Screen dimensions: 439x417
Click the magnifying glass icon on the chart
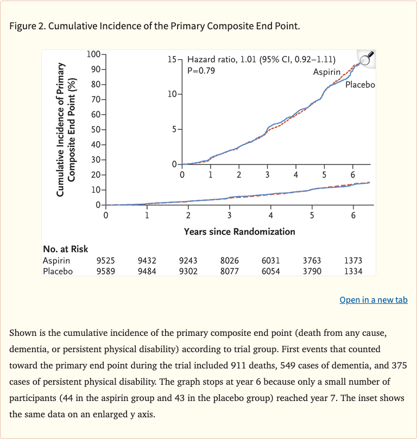click(x=367, y=59)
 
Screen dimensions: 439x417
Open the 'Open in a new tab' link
click(x=373, y=300)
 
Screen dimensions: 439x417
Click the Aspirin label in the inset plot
click(x=327, y=72)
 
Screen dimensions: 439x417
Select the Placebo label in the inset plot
click(x=360, y=85)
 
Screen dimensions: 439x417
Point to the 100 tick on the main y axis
click(x=93, y=54)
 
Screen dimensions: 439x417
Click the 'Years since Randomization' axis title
click(x=239, y=232)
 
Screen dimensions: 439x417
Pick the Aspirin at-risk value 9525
click(x=105, y=260)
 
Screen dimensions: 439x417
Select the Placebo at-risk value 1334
click(x=353, y=271)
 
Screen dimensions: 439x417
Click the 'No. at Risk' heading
click(x=65, y=250)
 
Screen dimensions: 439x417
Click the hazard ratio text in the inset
click(x=261, y=60)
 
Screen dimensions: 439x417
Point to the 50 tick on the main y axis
click(x=94, y=130)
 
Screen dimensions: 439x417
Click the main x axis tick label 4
click(x=270, y=215)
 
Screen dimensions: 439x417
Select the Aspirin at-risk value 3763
click(x=312, y=260)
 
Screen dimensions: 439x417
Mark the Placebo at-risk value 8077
click(x=229, y=271)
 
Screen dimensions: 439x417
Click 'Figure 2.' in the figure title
click(x=28, y=26)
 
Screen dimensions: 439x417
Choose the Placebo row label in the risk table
click(x=58, y=271)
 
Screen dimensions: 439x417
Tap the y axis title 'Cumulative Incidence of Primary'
click(x=61, y=129)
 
